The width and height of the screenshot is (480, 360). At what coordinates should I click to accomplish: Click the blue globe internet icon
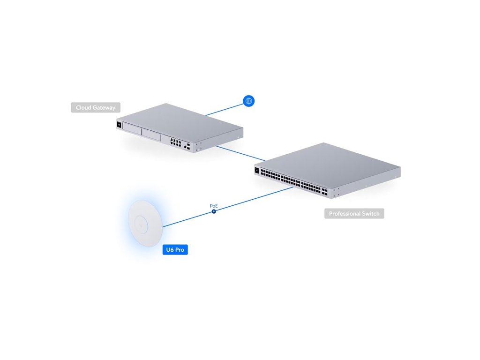248,100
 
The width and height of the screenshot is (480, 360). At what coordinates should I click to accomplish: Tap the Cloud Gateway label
96,108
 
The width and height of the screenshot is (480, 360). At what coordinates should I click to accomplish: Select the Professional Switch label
354,214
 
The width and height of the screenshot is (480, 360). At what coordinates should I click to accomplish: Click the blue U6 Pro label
175,250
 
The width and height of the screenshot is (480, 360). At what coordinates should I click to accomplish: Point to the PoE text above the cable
214,206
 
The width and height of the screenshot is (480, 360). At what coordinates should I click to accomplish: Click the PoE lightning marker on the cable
214,211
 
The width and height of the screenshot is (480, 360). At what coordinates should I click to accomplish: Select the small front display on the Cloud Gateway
119,125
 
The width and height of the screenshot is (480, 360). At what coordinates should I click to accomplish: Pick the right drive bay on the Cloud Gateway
151,135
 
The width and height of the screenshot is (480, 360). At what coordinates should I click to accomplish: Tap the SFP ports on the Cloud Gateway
187,147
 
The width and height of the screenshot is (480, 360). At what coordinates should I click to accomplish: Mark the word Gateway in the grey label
104,108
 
